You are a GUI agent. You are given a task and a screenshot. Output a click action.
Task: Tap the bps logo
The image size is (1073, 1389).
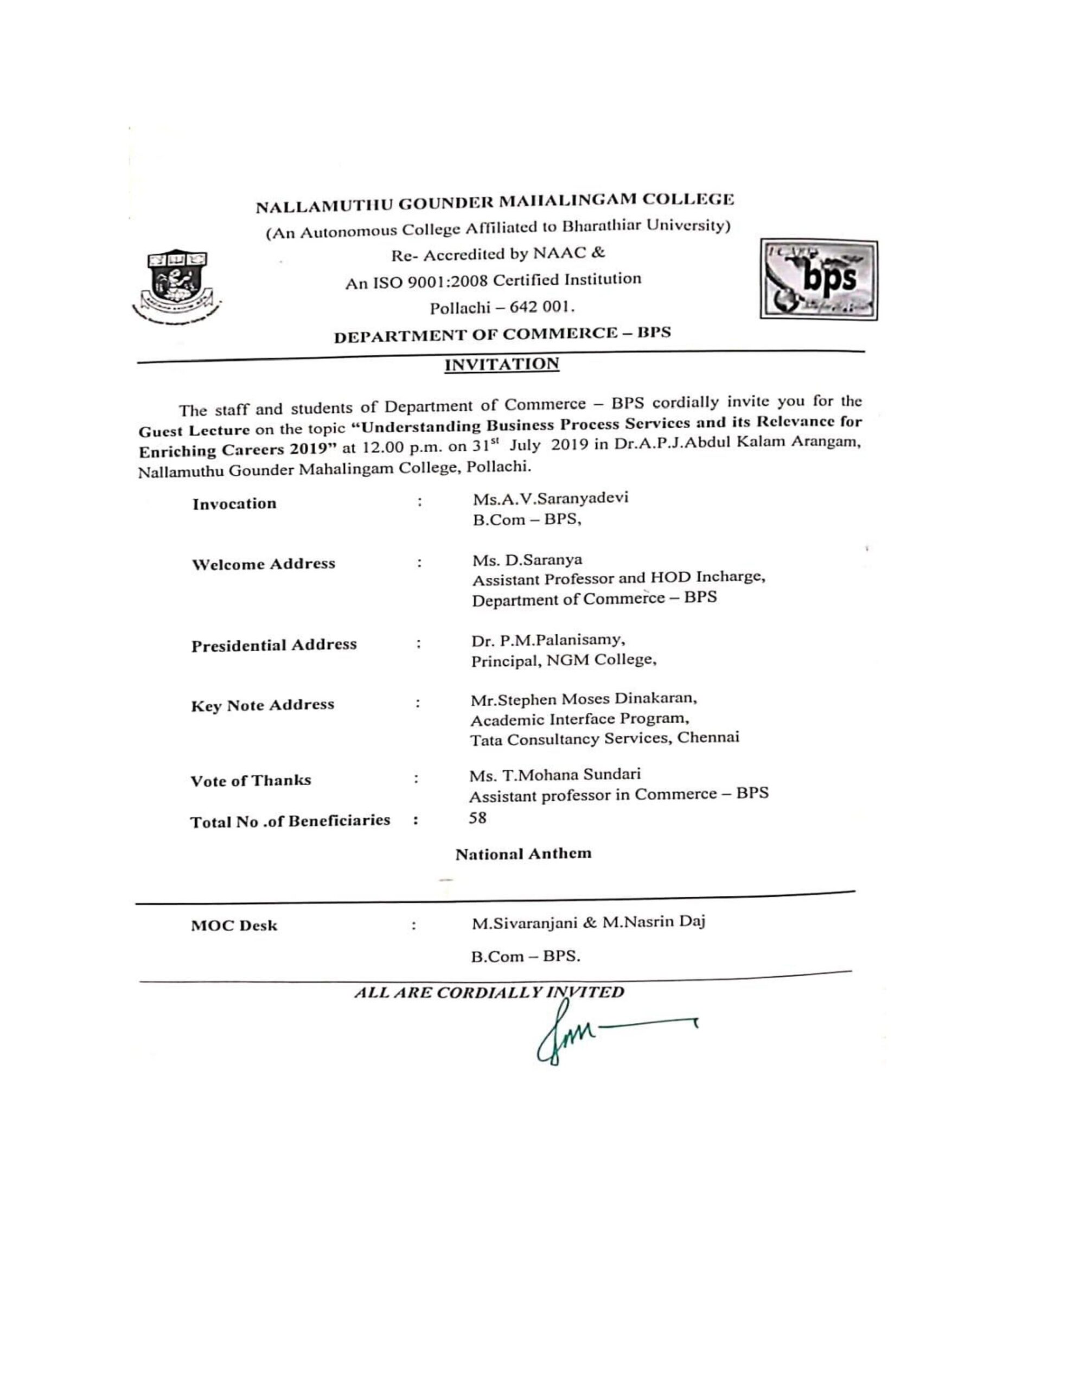coord(818,280)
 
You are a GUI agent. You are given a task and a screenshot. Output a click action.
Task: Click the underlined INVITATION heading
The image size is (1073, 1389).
coord(501,365)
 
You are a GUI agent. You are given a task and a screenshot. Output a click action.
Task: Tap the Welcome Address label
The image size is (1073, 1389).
coord(263,564)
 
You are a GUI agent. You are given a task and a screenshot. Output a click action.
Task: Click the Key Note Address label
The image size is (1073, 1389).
coord(262,705)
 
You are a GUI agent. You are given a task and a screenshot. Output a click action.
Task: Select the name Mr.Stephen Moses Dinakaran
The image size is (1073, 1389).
coord(583,699)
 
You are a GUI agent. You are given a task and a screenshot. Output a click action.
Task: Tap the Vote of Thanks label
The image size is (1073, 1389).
coord(251,780)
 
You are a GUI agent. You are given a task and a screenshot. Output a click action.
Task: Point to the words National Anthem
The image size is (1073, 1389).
coord(523,853)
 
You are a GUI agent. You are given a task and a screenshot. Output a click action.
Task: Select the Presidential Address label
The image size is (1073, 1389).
coord(273,645)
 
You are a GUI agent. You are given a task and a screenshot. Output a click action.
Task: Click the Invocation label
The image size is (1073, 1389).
coord(235,504)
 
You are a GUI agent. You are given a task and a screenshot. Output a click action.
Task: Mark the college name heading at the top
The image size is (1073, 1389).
coord(495,203)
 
